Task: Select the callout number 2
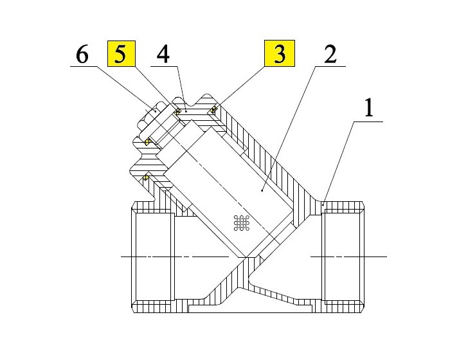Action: [329, 55]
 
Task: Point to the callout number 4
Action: [163, 55]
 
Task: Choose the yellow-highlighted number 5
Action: [120, 55]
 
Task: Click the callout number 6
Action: [82, 55]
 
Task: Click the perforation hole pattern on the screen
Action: [242, 222]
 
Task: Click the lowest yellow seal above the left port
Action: [147, 177]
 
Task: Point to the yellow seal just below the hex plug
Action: [148, 141]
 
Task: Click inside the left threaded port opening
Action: [153, 257]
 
